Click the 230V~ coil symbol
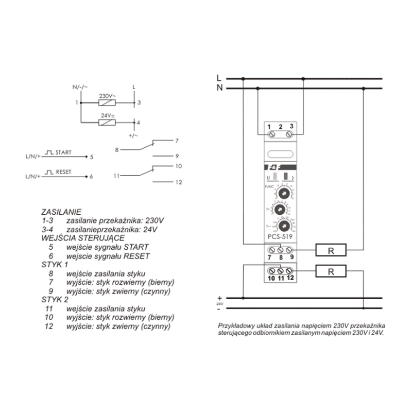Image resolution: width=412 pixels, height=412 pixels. pos(106,103)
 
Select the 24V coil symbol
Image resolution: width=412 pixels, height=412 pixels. pos(106,123)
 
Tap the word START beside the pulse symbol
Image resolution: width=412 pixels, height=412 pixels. pos(64,152)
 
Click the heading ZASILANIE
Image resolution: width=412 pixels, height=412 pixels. pos(61,212)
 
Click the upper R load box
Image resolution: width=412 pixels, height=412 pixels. pos(331,251)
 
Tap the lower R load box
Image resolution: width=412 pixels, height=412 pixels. pos(331,271)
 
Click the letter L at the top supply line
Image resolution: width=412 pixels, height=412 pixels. pos(219,78)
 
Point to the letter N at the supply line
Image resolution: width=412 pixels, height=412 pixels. pos(219,88)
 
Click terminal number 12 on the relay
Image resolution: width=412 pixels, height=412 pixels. pos(290,279)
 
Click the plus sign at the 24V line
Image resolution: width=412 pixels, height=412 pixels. pos(219,298)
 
